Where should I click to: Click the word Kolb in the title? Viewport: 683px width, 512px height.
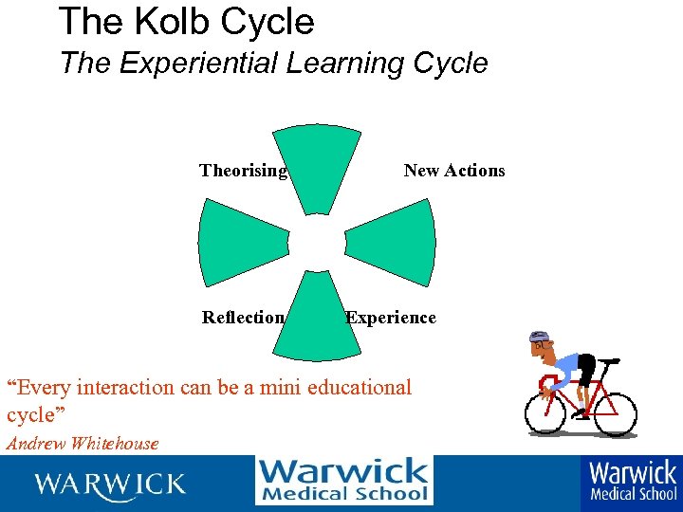[173, 21]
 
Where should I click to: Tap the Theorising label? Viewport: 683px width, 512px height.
[243, 171]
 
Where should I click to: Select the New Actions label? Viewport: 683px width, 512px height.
[454, 171]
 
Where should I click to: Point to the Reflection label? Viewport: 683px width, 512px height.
[243, 318]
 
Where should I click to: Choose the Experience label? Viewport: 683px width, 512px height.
[391, 318]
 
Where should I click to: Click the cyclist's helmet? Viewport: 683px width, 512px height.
[539, 338]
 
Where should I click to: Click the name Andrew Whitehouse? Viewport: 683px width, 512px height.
[83, 444]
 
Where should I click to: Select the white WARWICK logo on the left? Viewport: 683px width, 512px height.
[109, 485]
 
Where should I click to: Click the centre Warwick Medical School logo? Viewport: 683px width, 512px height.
[343, 481]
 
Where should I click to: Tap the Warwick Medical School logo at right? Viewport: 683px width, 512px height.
[633, 481]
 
